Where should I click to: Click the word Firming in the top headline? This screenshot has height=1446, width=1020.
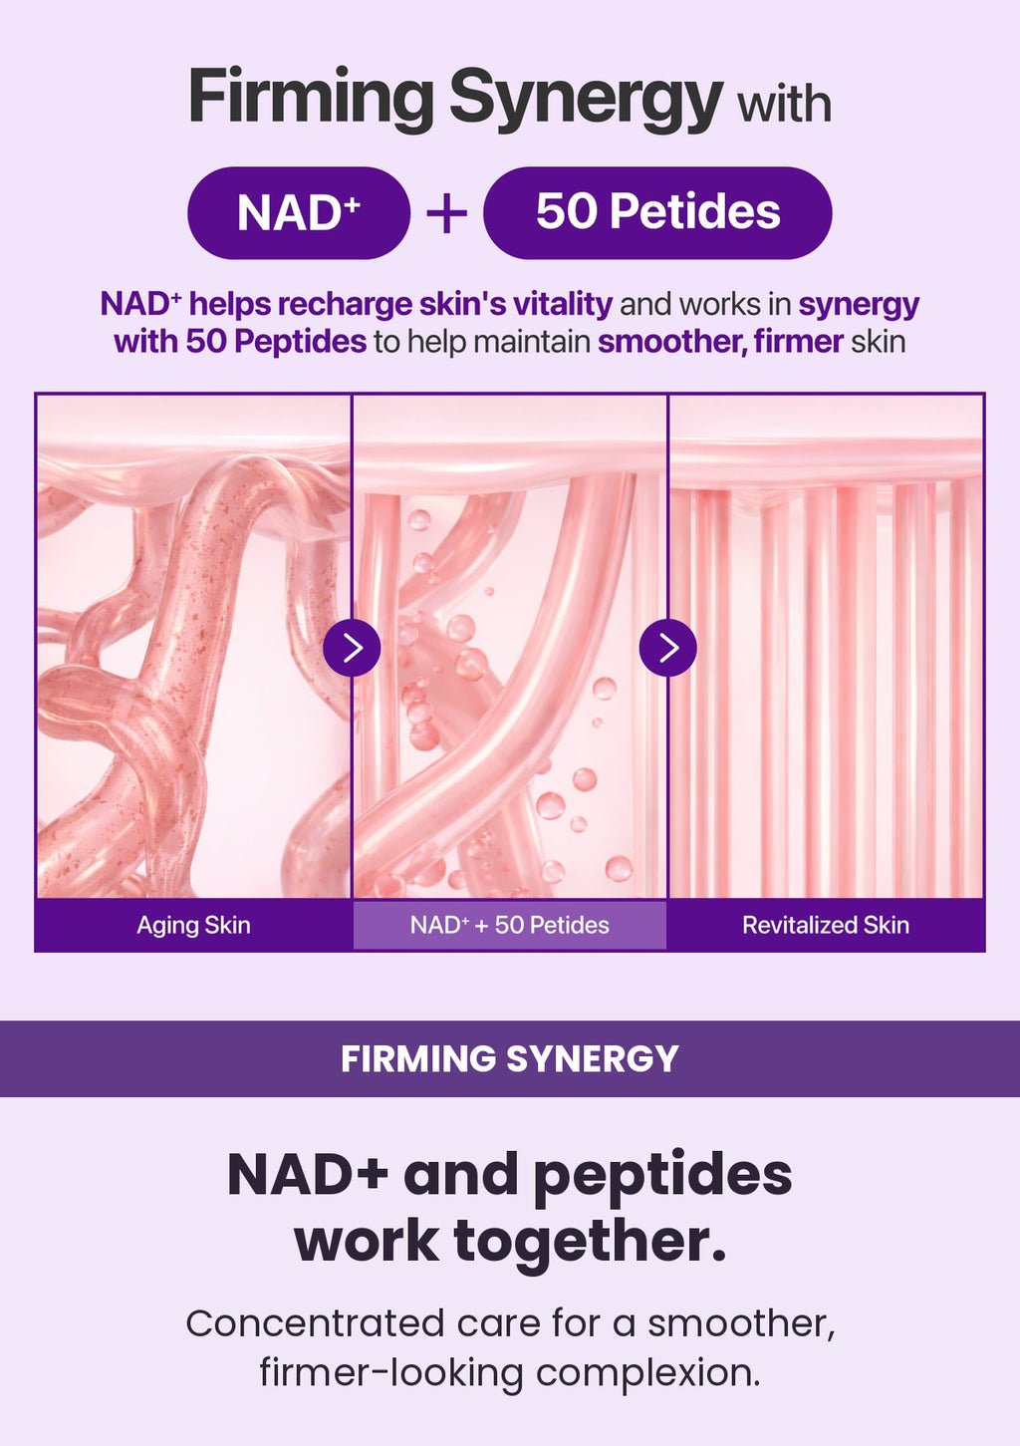[x=311, y=100]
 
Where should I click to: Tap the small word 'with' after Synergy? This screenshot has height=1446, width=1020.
[x=784, y=104]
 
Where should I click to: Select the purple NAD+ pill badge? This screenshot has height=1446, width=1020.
[x=299, y=213]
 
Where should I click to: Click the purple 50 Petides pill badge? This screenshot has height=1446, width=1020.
[x=657, y=213]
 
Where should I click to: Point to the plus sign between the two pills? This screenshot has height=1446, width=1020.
[x=446, y=213]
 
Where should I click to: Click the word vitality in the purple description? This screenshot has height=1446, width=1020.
[x=563, y=304]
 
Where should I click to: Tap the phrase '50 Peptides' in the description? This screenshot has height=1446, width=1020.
[x=276, y=342]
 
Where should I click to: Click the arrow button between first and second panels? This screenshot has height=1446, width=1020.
[x=352, y=648]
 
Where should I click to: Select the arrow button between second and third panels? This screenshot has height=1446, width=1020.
[x=667, y=648]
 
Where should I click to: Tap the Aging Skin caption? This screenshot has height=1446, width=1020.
[x=193, y=926]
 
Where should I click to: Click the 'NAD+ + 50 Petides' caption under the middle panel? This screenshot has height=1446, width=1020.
[x=510, y=925]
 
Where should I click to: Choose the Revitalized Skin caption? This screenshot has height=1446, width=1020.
[x=826, y=925]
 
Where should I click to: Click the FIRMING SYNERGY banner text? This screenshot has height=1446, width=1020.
[x=510, y=1058]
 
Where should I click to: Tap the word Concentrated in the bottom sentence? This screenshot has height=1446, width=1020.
[x=316, y=1322]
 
